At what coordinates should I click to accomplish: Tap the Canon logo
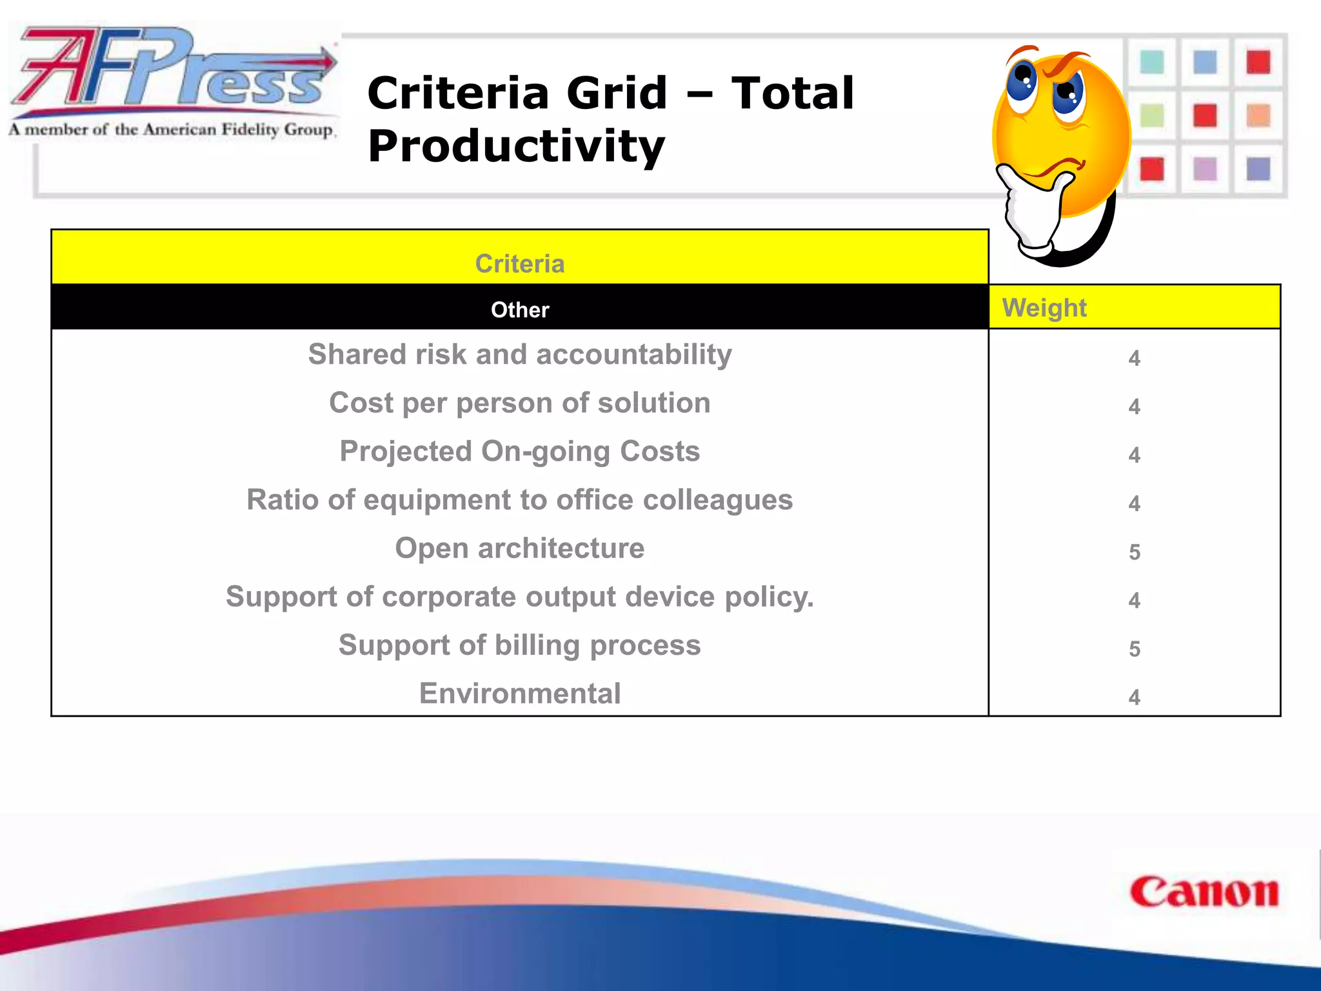point(1204,893)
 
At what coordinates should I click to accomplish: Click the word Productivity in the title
point(516,146)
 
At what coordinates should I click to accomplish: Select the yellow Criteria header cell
point(520,257)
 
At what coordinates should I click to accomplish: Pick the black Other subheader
point(520,310)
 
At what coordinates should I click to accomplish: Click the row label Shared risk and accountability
point(520,355)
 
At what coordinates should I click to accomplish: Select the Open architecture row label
point(520,548)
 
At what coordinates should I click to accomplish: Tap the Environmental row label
point(520,694)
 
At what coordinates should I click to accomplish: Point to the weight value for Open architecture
point(1135,552)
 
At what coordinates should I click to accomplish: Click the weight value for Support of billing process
point(1135,649)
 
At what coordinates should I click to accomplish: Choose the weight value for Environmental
point(1135,697)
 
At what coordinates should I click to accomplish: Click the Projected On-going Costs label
point(520,452)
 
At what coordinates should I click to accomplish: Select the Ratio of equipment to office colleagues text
point(520,500)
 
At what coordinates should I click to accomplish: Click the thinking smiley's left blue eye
point(1022,83)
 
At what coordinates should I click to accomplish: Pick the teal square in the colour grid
point(1152,63)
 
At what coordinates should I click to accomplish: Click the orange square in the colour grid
point(1258,116)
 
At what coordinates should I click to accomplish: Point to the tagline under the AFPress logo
point(172,130)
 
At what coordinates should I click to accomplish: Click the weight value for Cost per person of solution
point(1135,407)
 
